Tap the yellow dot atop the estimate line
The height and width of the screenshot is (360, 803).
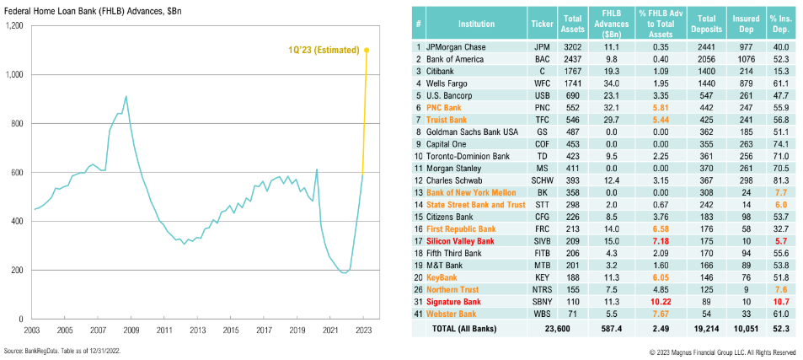pos(367,50)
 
